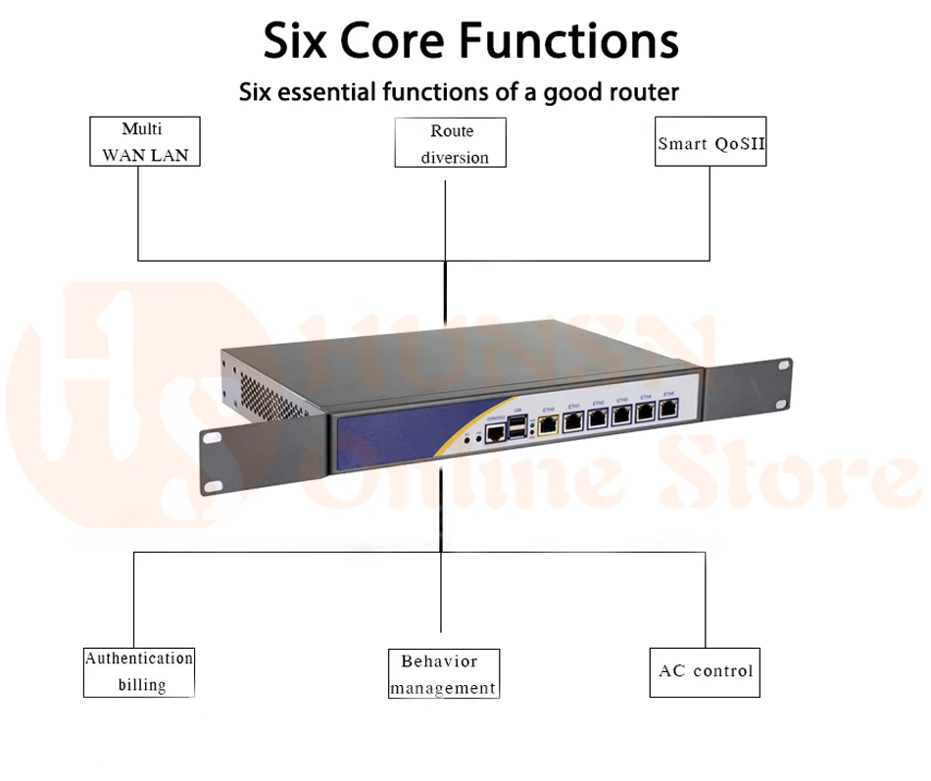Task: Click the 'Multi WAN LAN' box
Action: click(x=144, y=141)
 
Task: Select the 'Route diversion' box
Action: click(x=451, y=143)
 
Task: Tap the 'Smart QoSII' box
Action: click(x=710, y=142)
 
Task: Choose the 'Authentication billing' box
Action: click(x=139, y=671)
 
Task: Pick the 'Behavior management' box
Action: click(x=444, y=673)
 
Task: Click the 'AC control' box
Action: click(x=705, y=671)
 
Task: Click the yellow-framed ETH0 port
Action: click(x=550, y=424)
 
